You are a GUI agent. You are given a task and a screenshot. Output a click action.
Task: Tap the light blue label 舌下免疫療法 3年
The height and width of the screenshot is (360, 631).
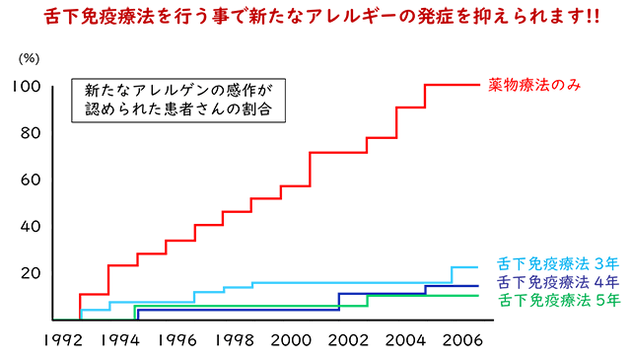(558, 264)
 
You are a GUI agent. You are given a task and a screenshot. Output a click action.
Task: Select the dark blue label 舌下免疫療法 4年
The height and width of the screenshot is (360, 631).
(558, 282)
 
